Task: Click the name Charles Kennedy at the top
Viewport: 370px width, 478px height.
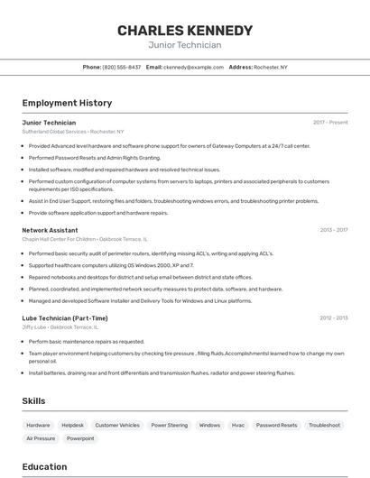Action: pos(184,31)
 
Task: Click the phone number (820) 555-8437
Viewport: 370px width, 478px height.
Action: pos(122,67)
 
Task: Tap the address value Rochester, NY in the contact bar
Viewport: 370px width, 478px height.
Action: pos(271,67)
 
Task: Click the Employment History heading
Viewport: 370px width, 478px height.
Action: pos(67,103)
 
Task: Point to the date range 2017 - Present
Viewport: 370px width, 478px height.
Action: pos(330,122)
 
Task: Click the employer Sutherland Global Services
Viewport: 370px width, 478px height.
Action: pos(54,132)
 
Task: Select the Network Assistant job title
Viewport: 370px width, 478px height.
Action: pos(50,230)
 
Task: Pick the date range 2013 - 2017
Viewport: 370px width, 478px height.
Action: pos(333,230)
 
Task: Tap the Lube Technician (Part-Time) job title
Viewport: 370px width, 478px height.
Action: pos(65,317)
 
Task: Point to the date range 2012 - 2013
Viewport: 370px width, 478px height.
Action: pos(333,317)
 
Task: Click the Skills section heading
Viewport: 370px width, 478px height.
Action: pos(34,400)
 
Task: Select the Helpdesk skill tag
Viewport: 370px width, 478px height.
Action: pos(72,425)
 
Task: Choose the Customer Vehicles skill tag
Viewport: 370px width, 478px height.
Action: pos(117,425)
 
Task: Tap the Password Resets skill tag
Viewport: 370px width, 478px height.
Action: pos(276,425)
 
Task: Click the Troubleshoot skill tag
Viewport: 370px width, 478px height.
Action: pos(324,425)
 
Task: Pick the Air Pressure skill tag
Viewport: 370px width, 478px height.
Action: pos(41,438)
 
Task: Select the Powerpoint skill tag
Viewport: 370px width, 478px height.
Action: pos(80,438)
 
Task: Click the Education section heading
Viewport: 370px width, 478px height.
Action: pos(44,466)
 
